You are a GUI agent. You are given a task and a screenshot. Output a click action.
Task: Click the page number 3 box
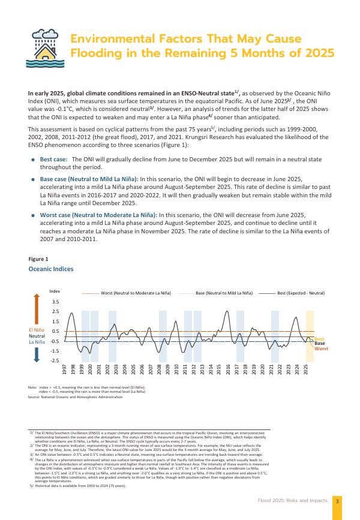337,501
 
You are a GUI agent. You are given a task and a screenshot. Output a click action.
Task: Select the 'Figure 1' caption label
38,259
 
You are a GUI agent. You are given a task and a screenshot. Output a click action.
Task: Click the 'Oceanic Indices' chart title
51,269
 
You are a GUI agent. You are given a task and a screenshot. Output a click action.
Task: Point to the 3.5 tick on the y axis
56,302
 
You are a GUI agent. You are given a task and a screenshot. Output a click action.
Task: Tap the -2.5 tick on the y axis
55,360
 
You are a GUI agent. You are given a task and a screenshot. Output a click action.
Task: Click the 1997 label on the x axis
65,368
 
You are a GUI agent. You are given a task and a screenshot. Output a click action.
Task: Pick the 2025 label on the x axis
307,368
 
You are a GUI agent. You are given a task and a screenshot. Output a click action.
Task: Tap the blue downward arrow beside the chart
37,354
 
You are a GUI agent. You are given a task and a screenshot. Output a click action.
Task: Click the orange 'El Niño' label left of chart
37,330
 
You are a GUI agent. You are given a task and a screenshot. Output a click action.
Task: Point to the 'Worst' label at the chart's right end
321,348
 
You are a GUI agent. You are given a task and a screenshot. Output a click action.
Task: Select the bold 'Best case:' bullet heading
53,142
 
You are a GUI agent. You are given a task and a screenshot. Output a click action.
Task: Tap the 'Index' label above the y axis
55,291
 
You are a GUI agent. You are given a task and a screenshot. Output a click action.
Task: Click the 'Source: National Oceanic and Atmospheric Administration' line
75,396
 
